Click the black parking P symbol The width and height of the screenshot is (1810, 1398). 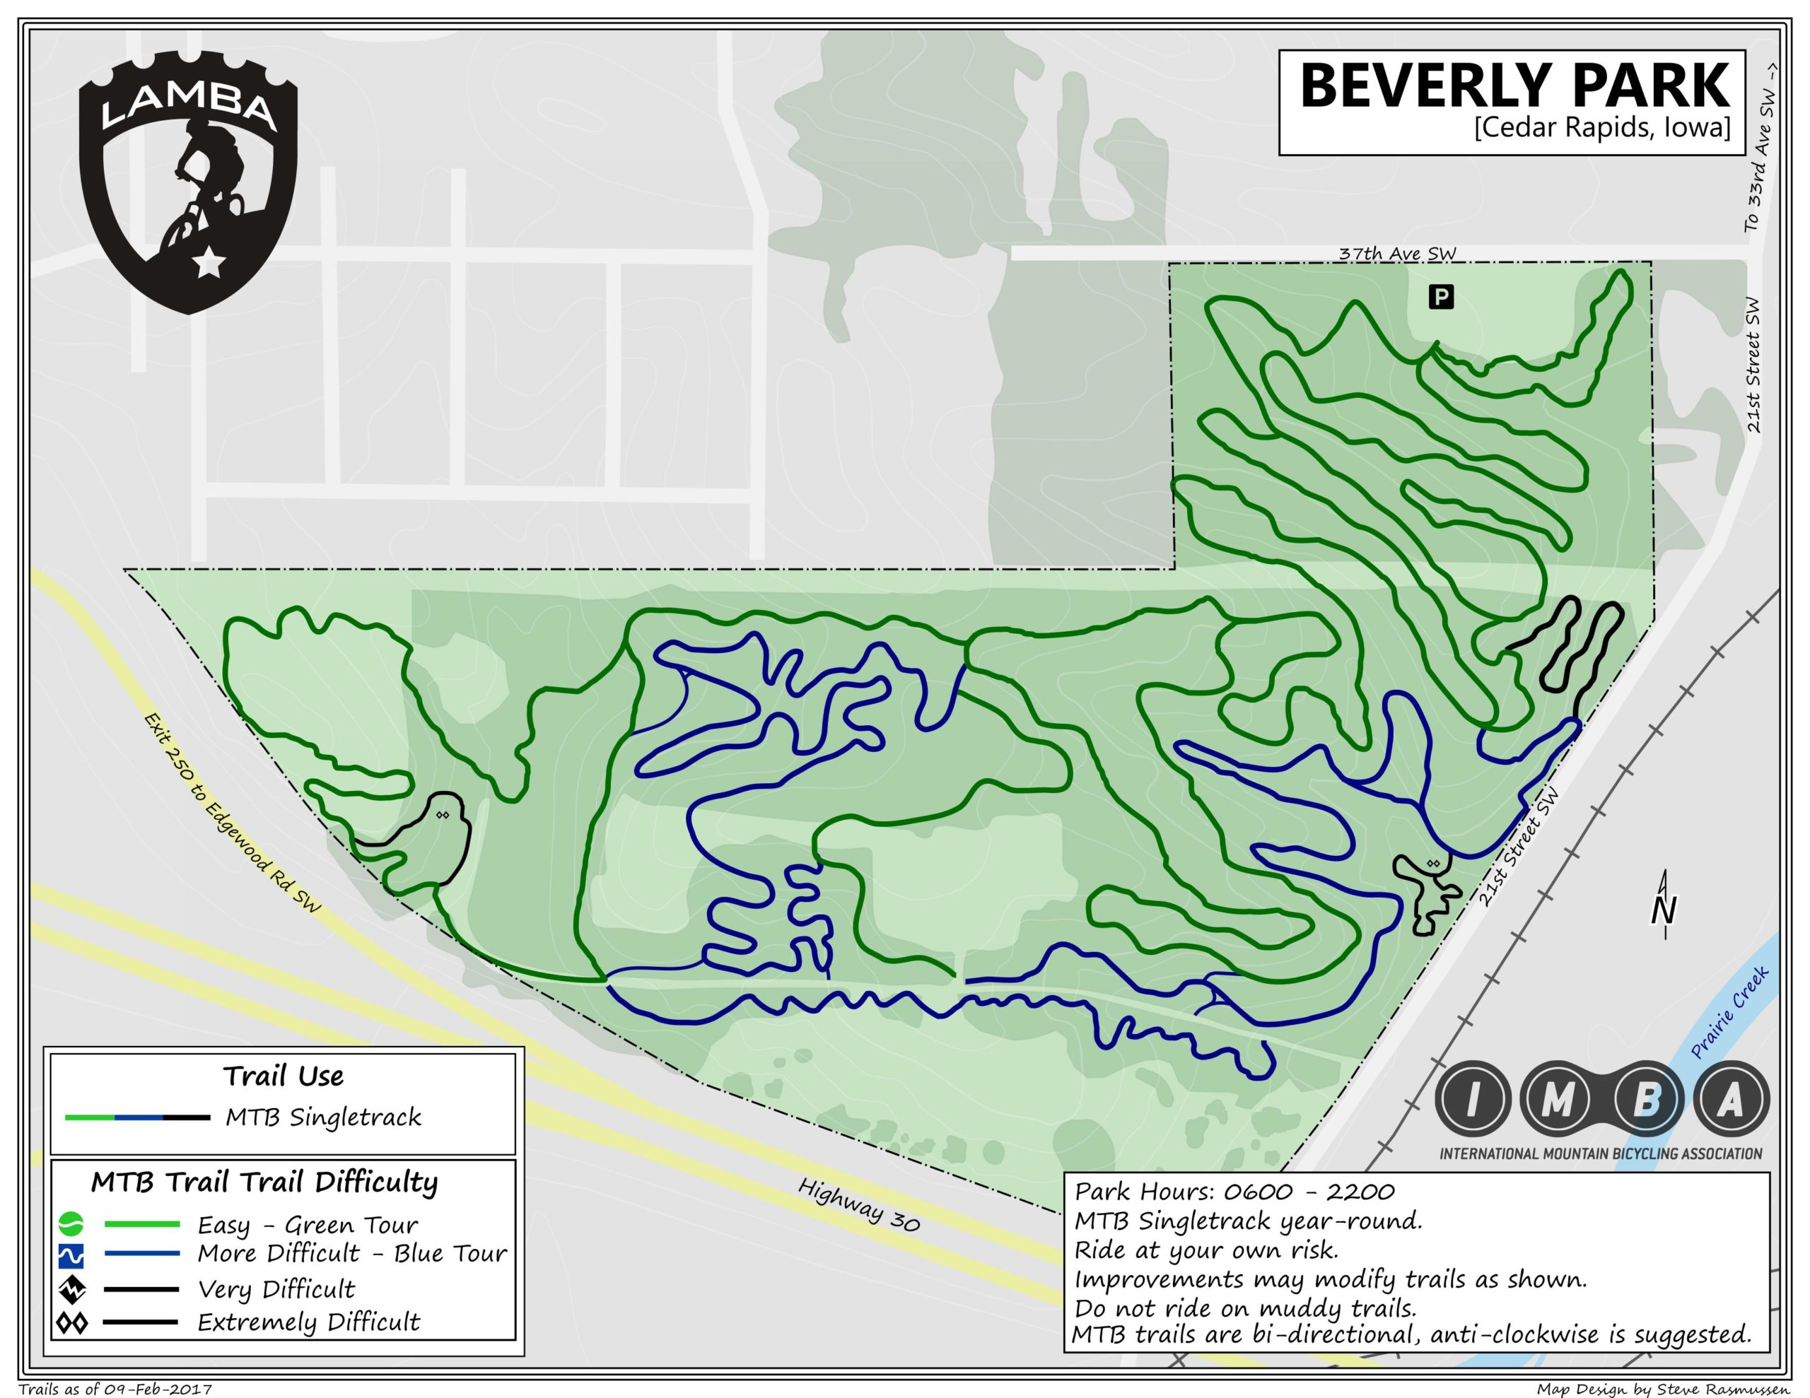tap(1441, 297)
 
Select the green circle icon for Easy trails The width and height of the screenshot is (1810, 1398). tap(71, 1224)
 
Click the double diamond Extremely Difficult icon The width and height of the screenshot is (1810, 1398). tap(71, 1322)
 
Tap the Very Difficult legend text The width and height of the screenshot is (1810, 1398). tap(276, 1289)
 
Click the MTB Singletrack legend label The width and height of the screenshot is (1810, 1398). tap(323, 1118)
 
